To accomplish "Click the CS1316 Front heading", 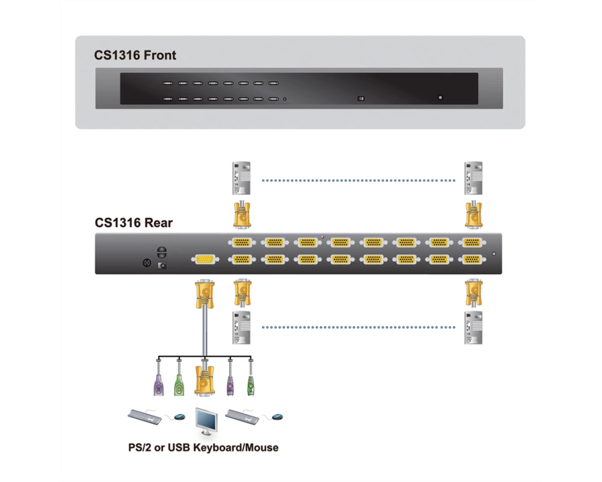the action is [135, 55].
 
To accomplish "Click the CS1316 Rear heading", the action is [134, 223].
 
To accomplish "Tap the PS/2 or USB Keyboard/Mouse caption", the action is [203, 448].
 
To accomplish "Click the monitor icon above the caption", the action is [206, 421].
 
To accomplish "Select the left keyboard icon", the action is [144, 417].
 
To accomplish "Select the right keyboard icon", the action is [242, 417].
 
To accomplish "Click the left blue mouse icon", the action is [179, 416].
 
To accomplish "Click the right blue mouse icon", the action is [277, 416].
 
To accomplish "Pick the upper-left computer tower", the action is [241, 178].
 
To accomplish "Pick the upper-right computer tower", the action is [473, 178].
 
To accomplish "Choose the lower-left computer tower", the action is [241, 328].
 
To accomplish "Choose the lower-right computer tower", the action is [473, 328].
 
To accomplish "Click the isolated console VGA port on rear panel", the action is [205, 260].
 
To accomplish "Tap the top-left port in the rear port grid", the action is [242, 243].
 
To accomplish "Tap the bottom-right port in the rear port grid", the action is [472, 260].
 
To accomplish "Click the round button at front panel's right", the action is [441, 98].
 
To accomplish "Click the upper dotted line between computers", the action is [358, 180].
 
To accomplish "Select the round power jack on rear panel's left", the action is [147, 263].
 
